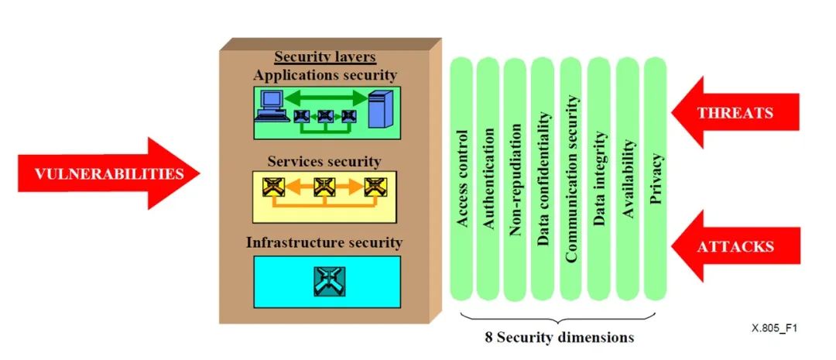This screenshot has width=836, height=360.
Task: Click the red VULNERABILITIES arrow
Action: [101, 173]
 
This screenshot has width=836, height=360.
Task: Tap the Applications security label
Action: [325, 75]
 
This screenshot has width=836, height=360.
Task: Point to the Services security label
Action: [324, 162]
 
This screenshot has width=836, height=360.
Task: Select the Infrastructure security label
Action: [324, 242]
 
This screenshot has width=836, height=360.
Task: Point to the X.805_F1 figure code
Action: [774, 328]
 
